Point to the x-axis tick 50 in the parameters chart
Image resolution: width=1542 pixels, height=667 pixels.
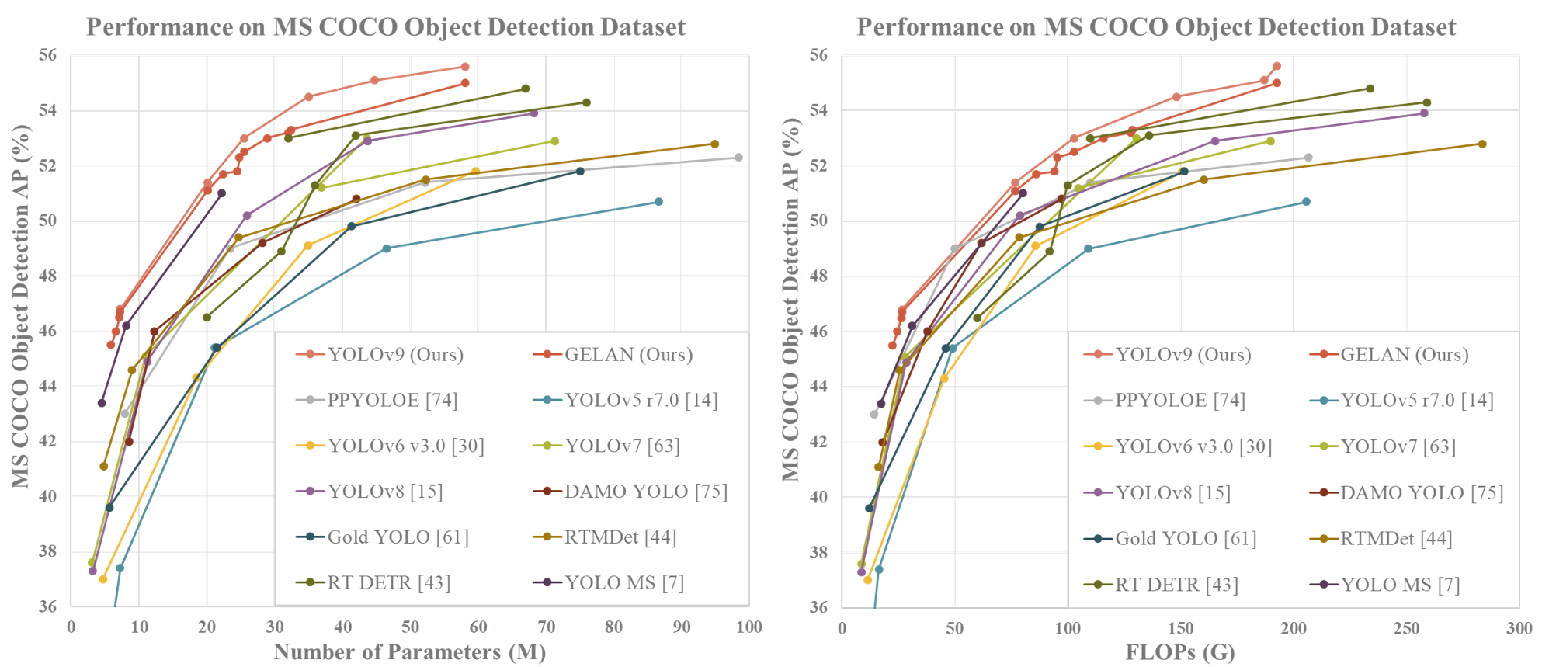410,627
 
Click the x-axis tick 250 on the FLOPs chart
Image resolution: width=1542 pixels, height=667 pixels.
1406,627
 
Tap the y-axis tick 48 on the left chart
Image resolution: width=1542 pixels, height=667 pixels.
47,276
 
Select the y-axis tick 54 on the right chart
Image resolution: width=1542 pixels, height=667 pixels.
818,110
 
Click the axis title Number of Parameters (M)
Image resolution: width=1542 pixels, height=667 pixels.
409,652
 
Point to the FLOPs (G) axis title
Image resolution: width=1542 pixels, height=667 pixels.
1179,652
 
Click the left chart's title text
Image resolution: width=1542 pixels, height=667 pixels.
385,27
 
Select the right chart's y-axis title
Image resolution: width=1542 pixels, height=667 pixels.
791,300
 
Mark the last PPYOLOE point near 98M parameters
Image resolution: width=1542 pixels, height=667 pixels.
738,158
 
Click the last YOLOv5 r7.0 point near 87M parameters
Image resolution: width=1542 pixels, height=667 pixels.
658,202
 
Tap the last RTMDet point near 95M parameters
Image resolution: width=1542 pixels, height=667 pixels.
715,144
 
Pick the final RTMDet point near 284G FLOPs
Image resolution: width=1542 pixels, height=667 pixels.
1482,144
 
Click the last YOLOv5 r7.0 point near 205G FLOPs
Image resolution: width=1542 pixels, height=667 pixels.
1306,202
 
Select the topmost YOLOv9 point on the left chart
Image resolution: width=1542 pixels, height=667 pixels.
465,67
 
